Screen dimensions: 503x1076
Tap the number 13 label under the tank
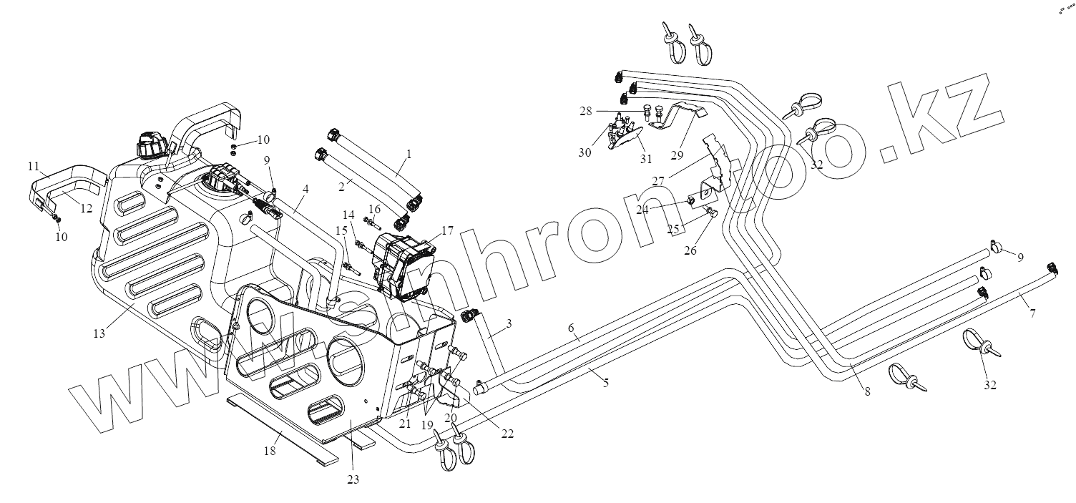pos(99,333)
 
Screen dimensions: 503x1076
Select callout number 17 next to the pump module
pos(447,230)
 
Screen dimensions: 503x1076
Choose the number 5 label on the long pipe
pos(605,383)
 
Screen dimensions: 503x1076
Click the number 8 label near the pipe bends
pos(867,392)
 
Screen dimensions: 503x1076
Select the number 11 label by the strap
pos(34,166)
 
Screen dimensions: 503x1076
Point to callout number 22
pos(507,433)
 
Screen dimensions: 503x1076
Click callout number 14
pos(348,214)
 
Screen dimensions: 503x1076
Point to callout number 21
pos(406,424)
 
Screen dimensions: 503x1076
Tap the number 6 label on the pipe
pos(572,328)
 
